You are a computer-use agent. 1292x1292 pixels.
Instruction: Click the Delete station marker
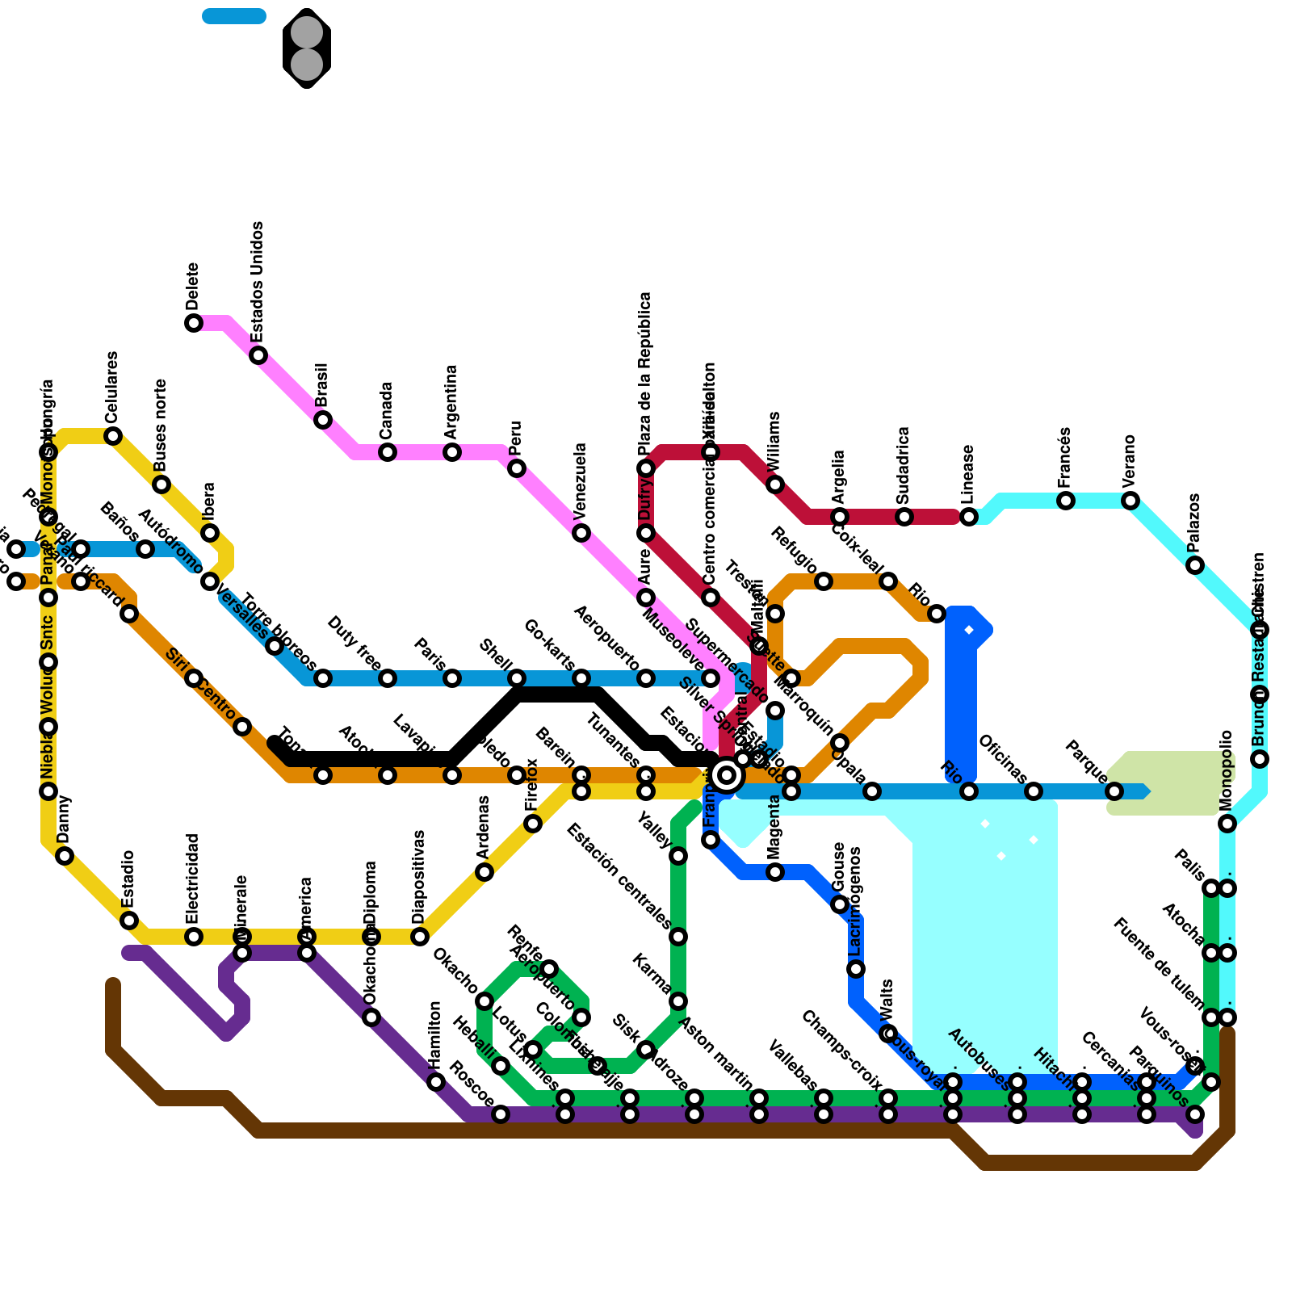pos(194,323)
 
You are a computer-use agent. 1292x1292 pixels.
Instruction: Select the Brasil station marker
pos(323,420)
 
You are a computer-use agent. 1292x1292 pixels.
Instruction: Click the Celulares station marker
pos(113,436)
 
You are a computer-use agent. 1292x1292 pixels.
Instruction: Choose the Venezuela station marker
pos(581,533)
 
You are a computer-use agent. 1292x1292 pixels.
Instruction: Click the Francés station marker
pos(1066,501)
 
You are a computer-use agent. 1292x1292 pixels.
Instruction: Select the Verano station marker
pos(1130,501)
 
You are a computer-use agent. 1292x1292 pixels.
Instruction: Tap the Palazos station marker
pos(1195,565)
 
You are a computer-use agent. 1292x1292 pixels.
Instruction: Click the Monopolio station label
pos(1227,770)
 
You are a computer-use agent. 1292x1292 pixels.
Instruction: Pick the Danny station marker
pos(65,856)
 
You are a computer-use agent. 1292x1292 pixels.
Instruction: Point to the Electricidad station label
pos(192,880)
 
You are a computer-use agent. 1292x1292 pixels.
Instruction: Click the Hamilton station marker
pos(436,1082)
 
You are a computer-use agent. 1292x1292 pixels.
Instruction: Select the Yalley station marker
pos(678,856)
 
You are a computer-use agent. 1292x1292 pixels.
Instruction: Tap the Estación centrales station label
pos(619,876)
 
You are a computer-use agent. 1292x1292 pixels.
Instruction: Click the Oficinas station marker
pos(1034,791)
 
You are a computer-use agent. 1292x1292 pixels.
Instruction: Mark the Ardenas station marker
pos(484,872)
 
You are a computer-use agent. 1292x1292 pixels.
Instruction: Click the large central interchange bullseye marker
pos(727,775)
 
